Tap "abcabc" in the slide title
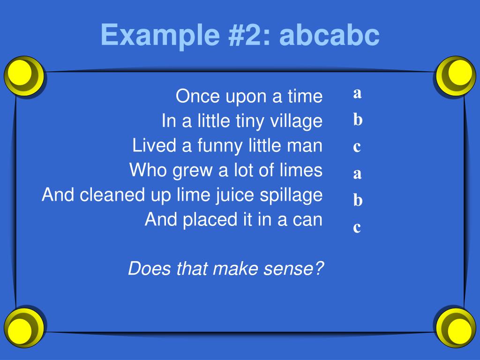[x=329, y=36]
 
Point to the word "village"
[x=296, y=121]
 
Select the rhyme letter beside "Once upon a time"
[x=357, y=93]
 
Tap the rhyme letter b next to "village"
[x=358, y=120]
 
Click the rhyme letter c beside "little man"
[x=357, y=147]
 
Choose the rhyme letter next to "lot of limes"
[x=357, y=174]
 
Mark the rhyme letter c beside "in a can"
[x=357, y=228]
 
